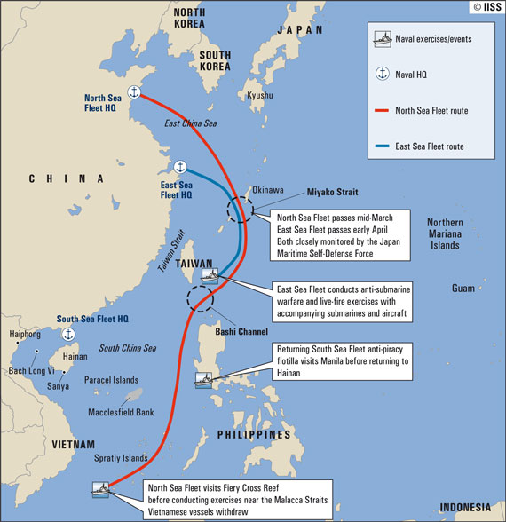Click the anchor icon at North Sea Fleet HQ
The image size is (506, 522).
(x=135, y=92)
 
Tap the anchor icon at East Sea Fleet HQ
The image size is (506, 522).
(x=180, y=166)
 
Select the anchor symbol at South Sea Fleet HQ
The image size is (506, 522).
(x=68, y=334)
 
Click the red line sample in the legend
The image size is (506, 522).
(x=387, y=111)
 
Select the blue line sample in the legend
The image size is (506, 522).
(x=387, y=145)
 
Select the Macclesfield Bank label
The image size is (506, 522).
(x=123, y=412)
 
